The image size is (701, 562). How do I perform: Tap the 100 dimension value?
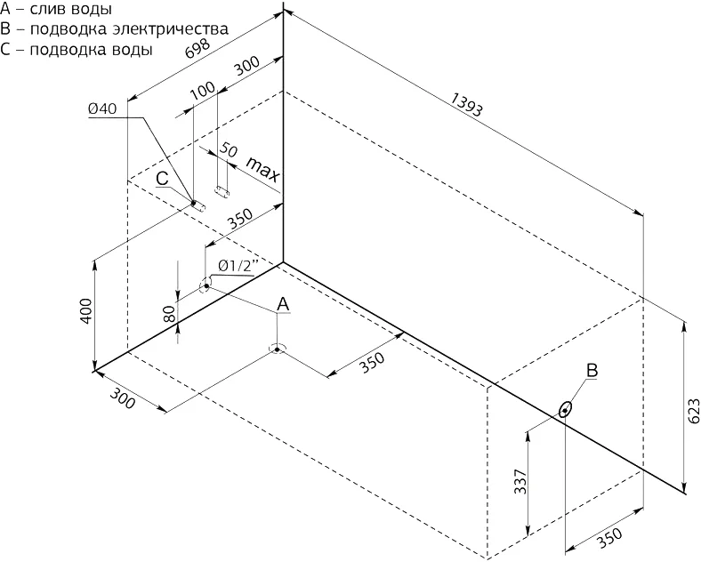(x=202, y=93)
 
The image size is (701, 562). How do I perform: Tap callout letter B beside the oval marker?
(x=591, y=371)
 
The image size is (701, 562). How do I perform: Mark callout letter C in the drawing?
(x=162, y=179)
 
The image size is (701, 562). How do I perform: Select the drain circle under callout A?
(x=278, y=349)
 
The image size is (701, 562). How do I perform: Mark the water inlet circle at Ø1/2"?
(x=205, y=285)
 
